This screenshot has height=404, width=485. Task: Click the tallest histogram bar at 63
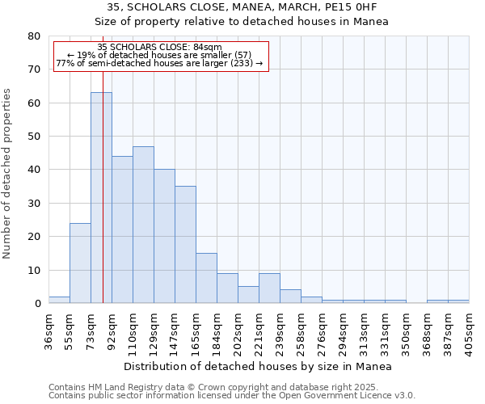(x=101, y=198)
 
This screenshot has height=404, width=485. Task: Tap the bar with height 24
(x=80, y=263)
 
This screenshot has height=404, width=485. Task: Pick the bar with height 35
(x=185, y=245)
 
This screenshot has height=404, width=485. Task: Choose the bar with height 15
(x=206, y=278)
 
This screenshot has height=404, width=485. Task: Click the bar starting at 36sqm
(x=59, y=300)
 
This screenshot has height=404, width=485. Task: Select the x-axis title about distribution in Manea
(x=259, y=367)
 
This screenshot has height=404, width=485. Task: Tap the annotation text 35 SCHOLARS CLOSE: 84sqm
(x=159, y=48)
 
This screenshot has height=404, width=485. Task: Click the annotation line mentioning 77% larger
(x=159, y=63)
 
